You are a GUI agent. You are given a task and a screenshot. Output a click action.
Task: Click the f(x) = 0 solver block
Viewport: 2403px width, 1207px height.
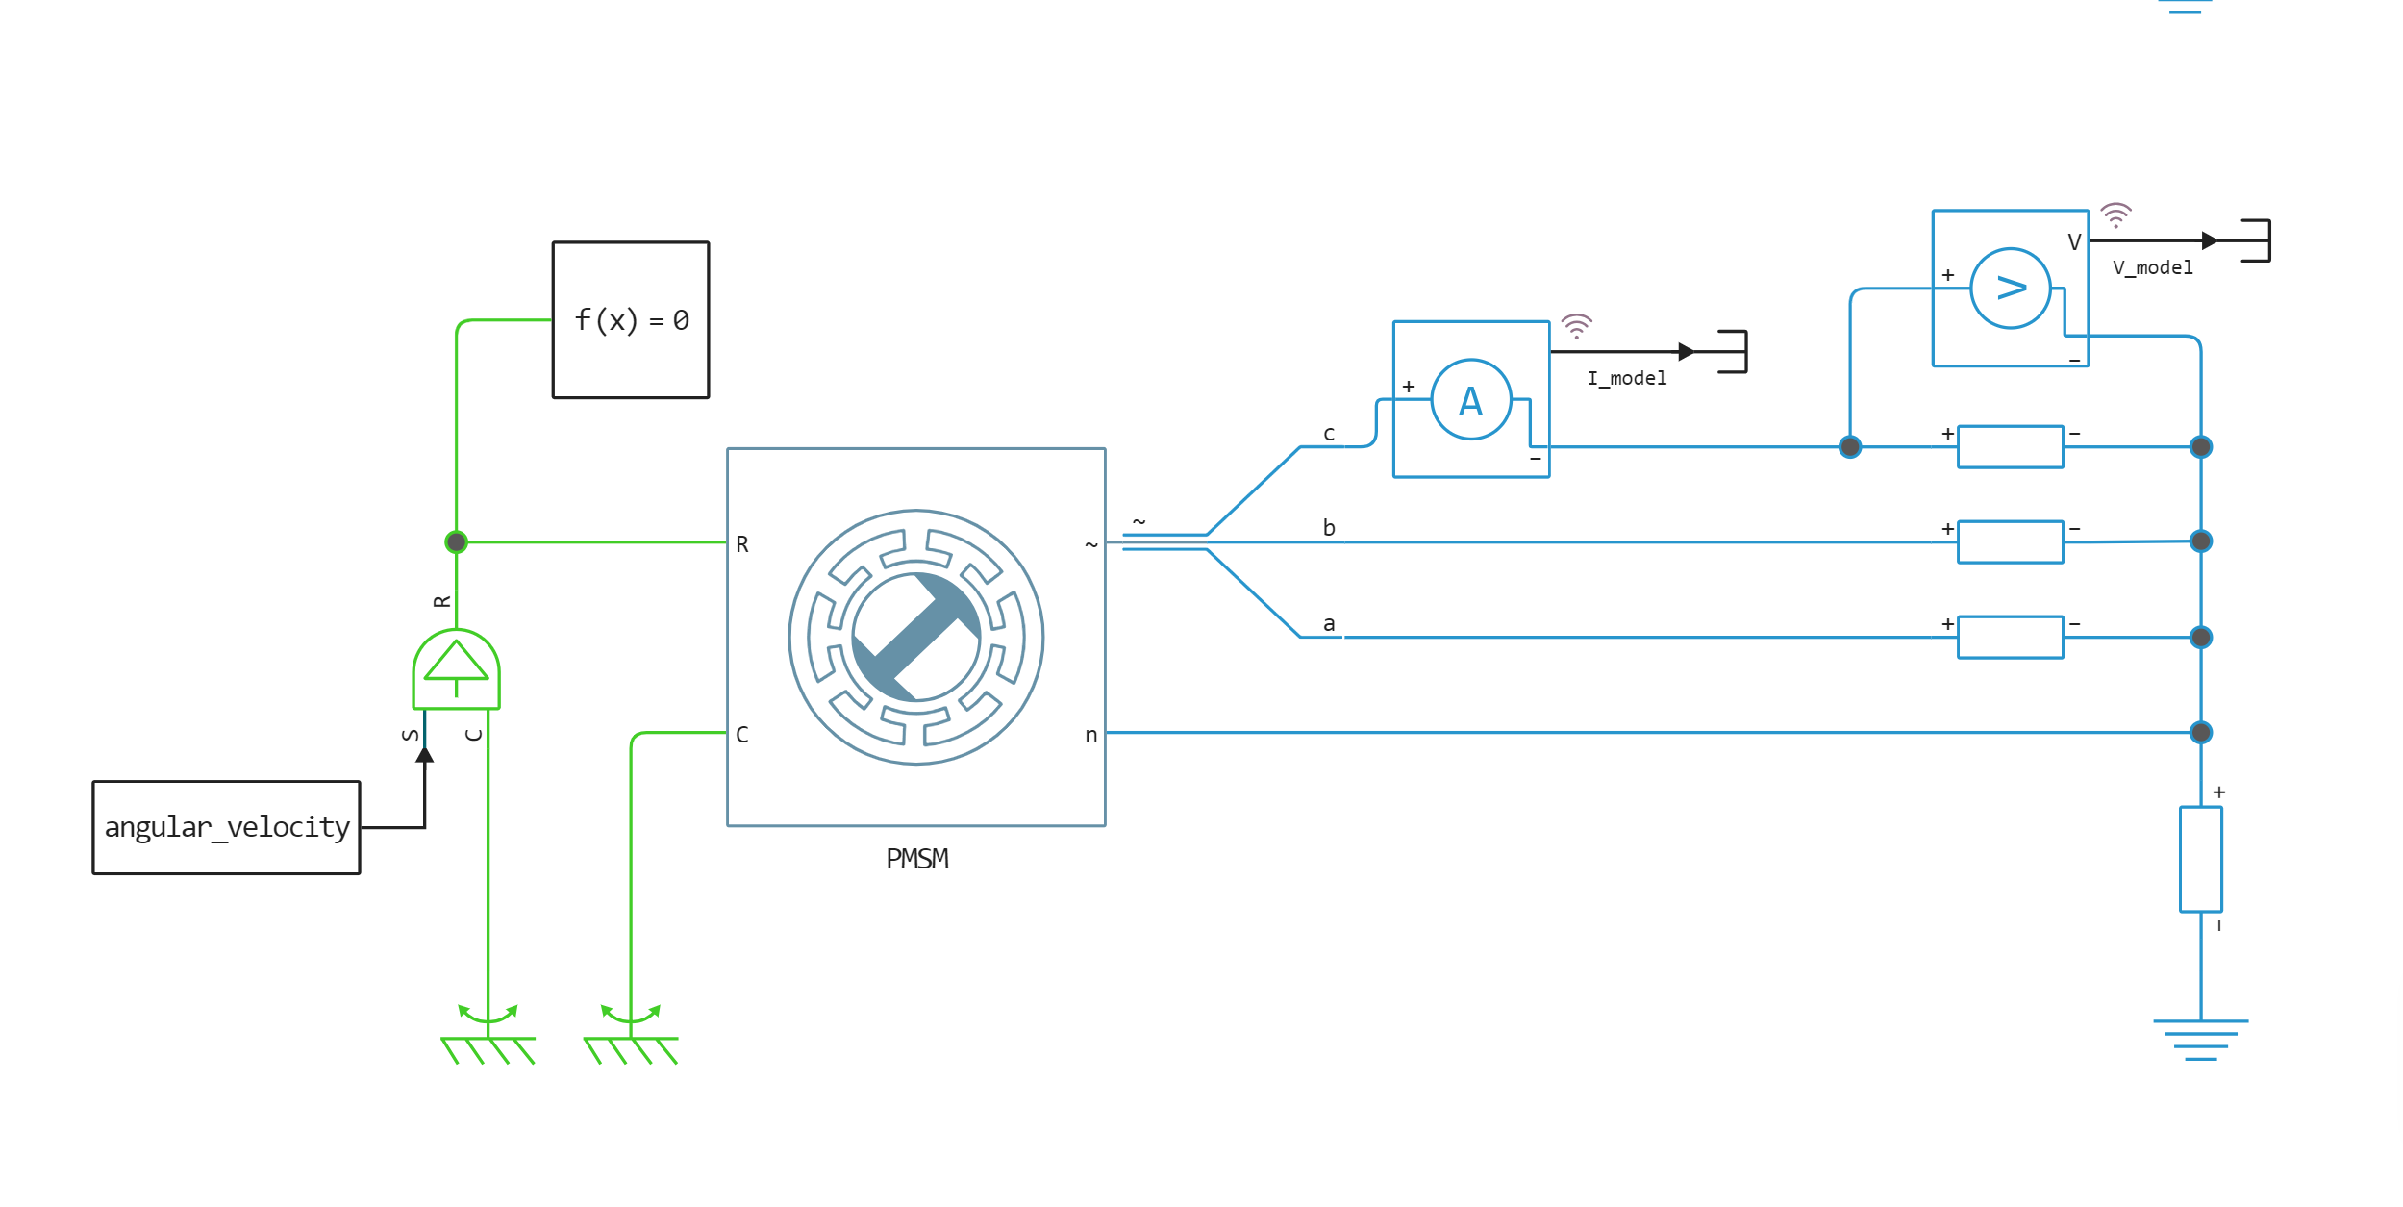(x=631, y=319)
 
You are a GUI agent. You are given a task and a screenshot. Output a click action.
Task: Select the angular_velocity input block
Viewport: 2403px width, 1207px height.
(x=227, y=827)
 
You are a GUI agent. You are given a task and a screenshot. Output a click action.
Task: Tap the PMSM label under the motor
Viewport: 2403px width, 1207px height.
(x=917, y=859)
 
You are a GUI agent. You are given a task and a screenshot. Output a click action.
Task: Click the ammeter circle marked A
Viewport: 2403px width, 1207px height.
(x=1471, y=399)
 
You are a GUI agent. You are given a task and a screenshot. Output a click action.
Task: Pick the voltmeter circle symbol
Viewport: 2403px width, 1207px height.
(x=2011, y=289)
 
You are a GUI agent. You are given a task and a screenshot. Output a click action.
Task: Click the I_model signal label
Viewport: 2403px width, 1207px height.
(x=1627, y=378)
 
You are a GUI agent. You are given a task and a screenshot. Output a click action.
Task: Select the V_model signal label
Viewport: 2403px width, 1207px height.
(x=2153, y=267)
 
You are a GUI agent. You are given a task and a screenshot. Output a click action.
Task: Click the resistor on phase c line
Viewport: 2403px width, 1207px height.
(x=2011, y=446)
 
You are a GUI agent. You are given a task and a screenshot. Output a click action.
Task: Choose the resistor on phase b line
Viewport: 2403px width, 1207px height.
(x=2011, y=541)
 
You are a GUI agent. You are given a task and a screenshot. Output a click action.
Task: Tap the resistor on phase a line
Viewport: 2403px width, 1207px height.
(x=2011, y=637)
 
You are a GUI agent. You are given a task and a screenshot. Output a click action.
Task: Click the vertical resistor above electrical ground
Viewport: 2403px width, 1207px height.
(x=2201, y=859)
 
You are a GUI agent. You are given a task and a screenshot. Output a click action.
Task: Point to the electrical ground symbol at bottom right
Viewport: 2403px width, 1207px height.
(x=2201, y=1039)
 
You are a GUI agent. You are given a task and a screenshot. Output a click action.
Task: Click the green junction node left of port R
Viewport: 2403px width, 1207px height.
(x=457, y=542)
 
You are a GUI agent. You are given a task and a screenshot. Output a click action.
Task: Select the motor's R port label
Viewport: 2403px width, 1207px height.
(x=742, y=544)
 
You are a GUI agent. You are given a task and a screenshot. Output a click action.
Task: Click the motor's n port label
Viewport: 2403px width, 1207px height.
(x=1091, y=736)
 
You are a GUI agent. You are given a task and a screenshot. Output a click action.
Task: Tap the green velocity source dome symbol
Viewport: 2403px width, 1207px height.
(x=457, y=668)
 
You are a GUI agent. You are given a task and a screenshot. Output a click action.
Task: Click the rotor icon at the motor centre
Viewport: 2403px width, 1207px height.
(x=916, y=637)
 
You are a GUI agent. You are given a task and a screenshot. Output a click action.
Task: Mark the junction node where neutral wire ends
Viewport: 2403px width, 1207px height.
(x=2201, y=733)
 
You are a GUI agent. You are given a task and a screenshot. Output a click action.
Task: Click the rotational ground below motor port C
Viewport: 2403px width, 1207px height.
(x=631, y=1035)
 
